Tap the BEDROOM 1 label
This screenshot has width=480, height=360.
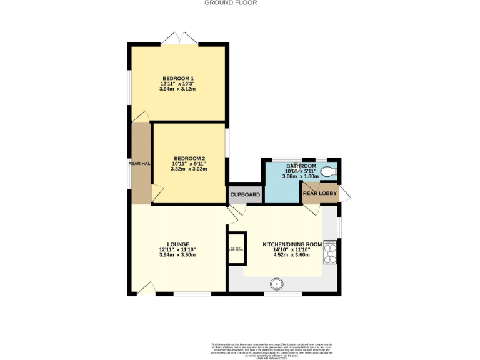[x=177, y=78]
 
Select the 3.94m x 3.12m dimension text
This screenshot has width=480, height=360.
[x=177, y=89]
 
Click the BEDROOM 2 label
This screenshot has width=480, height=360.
[x=189, y=158]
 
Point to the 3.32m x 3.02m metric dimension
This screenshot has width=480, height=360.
[x=189, y=169]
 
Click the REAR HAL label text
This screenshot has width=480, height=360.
[x=139, y=164]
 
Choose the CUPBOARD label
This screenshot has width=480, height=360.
[x=245, y=195]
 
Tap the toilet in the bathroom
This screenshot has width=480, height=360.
[x=329, y=171]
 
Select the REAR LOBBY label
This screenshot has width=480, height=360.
[x=320, y=194]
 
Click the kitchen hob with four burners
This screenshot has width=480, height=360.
[x=331, y=253]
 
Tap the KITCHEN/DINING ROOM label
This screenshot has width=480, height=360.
[x=292, y=244]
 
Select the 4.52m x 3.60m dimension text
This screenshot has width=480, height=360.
[x=292, y=255]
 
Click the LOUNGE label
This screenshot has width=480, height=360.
[x=177, y=244]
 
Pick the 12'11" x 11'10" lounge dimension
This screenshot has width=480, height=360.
[x=177, y=250]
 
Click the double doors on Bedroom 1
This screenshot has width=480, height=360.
[x=179, y=39]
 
